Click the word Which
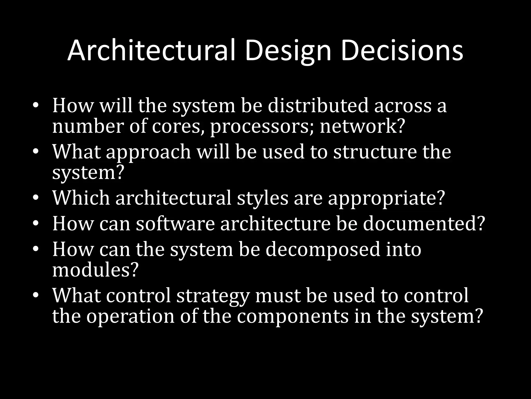(x=81, y=198)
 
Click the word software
(x=176, y=224)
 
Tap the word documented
(x=424, y=224)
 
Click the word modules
(x=94, y=270)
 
